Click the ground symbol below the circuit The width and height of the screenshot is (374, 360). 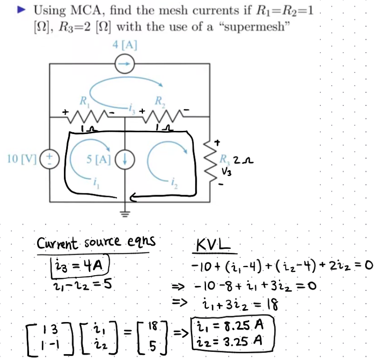click(x=125, y=214)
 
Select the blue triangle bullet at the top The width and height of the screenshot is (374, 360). click(x=21, y=10)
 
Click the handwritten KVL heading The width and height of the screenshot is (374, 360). click(x=213, y=245)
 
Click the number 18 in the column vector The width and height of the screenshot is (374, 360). click(x=153, y=326)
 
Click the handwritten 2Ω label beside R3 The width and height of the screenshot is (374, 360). click(x=243, y=160)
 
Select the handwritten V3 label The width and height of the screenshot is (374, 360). click(x=227, y=172)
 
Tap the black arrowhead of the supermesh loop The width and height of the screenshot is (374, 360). click(x=133, y=197)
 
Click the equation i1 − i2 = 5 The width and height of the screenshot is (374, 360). click(x=82, y=285)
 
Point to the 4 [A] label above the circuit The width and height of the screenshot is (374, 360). click(x=125, y=45)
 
